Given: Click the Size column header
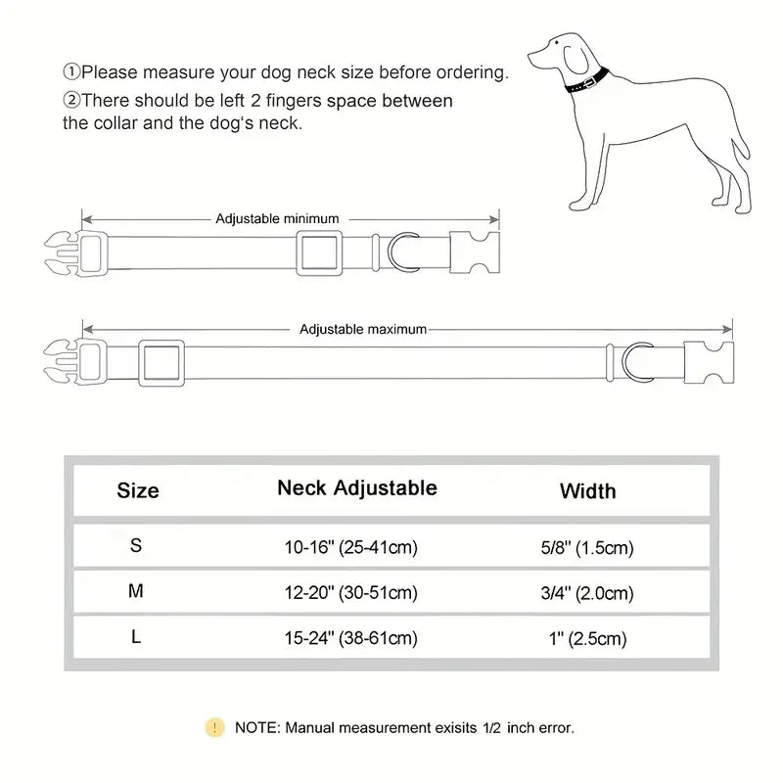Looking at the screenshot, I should tap(137, 490).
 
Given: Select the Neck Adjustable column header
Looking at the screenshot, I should tap(356, 487).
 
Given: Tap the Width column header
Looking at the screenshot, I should tap(587, 490).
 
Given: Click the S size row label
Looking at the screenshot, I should tap(136, 546).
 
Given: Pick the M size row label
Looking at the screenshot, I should tap(136, 590).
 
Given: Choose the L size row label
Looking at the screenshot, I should tap(136, 636).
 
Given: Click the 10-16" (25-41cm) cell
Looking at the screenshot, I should tap(350, 547).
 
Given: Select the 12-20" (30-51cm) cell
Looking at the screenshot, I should tap(350, 592).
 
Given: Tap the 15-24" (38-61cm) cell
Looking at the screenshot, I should tap(350, 638).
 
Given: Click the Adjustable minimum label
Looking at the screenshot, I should tap(277, 218).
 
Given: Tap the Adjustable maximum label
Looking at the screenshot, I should tap(363, 329).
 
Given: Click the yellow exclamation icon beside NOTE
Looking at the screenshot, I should tap(214, 727).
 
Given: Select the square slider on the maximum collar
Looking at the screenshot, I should tap(161, 363).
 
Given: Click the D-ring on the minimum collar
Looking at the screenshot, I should tap(402, 253).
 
